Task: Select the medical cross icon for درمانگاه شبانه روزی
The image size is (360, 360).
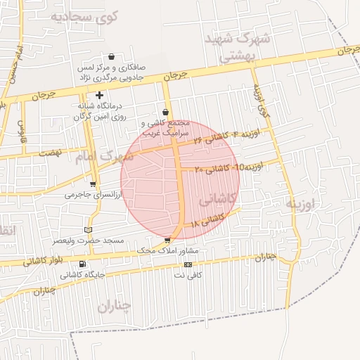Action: click(x=100, y=95)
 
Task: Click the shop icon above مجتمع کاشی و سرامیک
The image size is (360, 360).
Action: click(x=165, y=112)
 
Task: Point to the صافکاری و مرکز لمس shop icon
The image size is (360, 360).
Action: click(x=111, y=57)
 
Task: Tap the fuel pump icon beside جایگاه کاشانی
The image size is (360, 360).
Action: click(x=83, y=264)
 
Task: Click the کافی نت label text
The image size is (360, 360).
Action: click(x=188, y=275)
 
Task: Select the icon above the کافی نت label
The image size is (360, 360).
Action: click(x=188, y=264)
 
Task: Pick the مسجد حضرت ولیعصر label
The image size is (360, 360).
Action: click(x=89, y=240)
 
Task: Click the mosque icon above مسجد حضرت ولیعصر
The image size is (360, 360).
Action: click(x=88, y=230)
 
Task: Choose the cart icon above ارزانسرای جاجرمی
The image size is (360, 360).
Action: click(x=93, y=184)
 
